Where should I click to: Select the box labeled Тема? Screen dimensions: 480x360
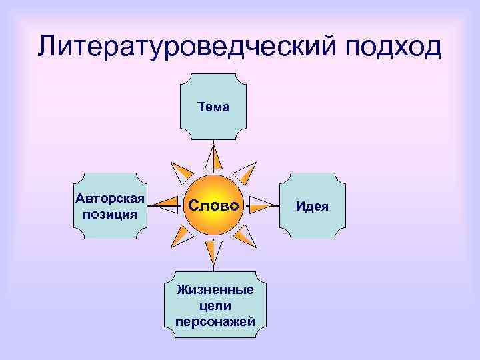[213, 107]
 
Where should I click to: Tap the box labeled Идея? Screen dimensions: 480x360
[313, 206]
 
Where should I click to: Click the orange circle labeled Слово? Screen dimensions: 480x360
[213, 206]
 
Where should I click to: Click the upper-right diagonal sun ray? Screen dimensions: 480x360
[246, 173]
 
